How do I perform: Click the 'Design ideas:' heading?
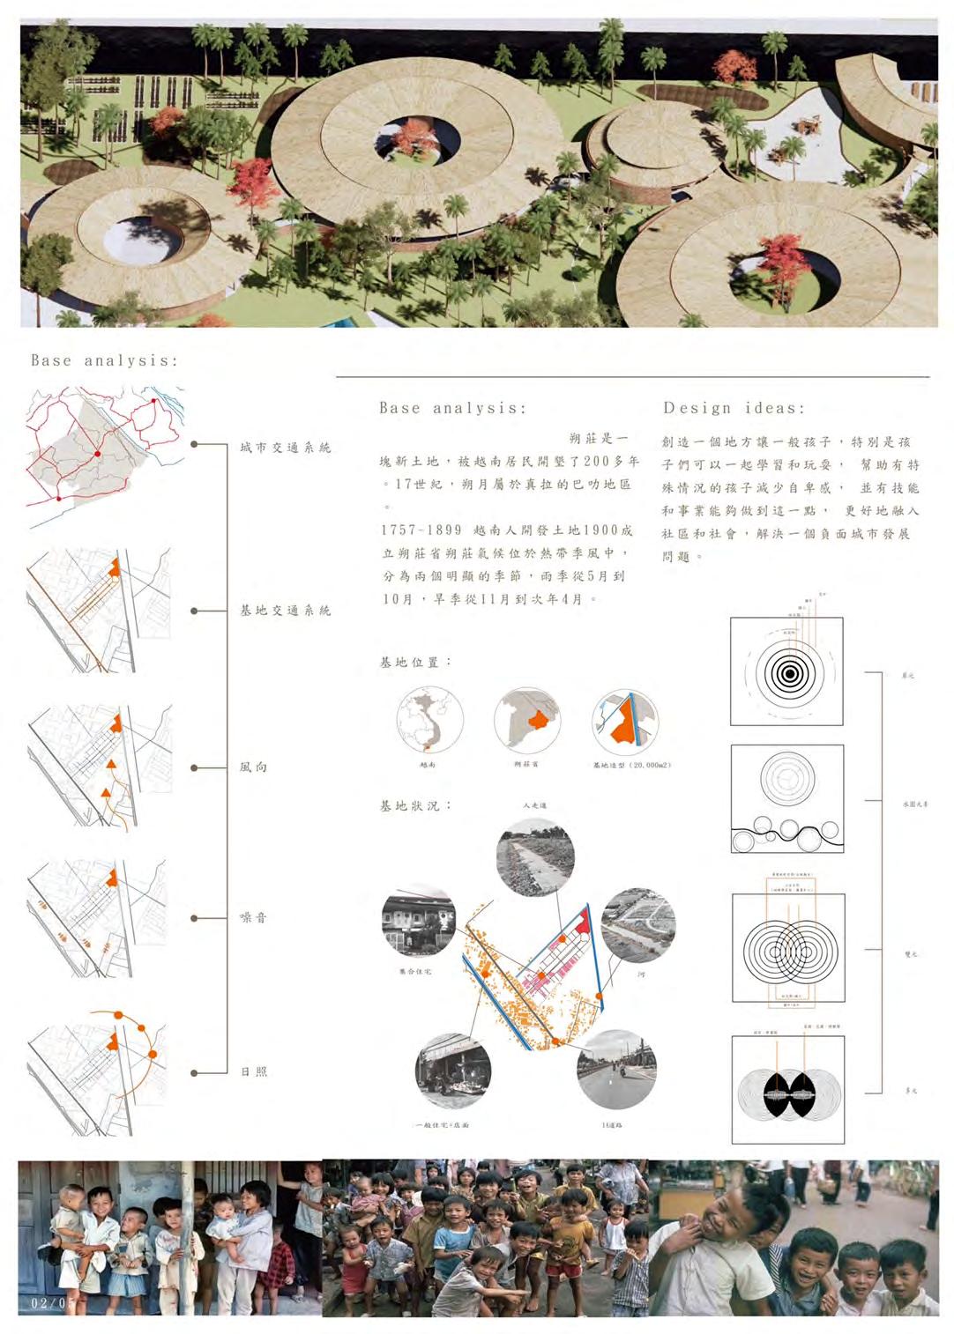pos(734,409)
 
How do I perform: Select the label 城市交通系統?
pos(286,448)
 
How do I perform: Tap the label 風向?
pos(253,767)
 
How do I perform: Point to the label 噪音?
pos(253,918)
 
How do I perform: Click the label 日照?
pos(253,1072)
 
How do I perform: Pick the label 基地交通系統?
pos(286,610)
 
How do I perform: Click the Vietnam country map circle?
pos(429,720)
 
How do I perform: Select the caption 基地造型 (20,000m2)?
pos(631,766)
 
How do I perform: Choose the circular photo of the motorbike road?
pos(615,1073)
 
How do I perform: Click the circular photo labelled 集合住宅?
pos(419,923)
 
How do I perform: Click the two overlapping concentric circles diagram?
pos(787,949)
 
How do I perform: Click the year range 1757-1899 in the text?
pos(421,530)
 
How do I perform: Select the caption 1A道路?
pos(611,1125)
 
